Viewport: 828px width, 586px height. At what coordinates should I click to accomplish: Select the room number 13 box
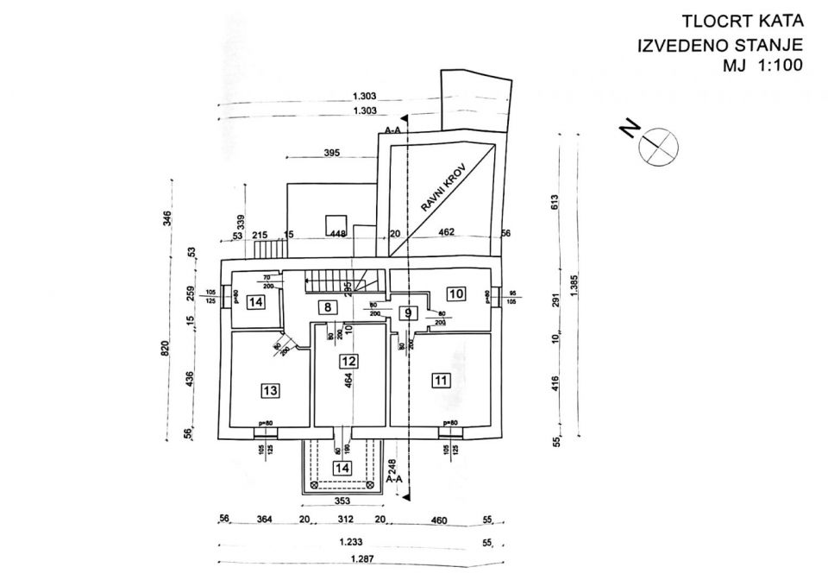coord(270,391)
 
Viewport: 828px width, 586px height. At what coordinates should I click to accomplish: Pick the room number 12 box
coord(348,362)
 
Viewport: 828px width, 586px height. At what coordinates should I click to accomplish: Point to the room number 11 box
coord(442,379)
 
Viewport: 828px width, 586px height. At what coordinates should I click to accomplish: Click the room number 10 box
coord(456,294)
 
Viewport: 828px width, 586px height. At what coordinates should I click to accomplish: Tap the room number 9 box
coord(408,313)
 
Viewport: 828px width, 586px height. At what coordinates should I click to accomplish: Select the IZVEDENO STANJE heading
coord(720,44)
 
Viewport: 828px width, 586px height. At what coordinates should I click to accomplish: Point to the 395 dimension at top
coord(332,153)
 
